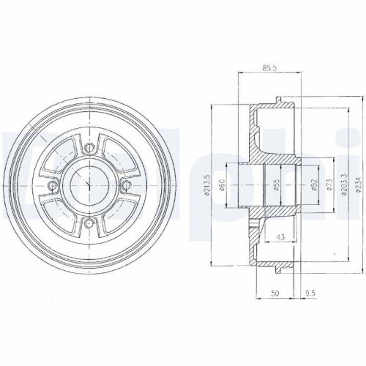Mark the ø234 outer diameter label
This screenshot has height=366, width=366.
click(357, 186)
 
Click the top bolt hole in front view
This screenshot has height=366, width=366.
click(89, 149)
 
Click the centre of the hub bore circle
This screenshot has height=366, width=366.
click(89, 185)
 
